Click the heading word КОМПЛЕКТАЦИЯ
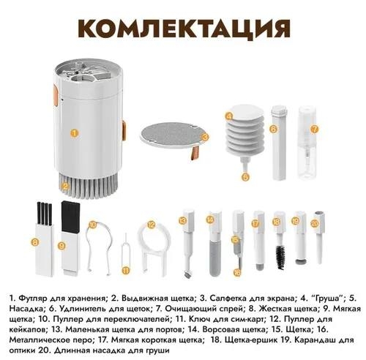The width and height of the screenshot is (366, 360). (x=183, y=31)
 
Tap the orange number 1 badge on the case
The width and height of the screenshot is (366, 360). (x=74, y=133)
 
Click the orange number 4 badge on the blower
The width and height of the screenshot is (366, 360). (x=229, y=116)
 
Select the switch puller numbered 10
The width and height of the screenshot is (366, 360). (x=96, y=245)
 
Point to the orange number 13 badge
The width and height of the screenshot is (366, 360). (x=185, y=219)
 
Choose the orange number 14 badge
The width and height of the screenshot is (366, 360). (x=209, y=219)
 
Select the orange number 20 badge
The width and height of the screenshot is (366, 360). (x=315, y=222)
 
